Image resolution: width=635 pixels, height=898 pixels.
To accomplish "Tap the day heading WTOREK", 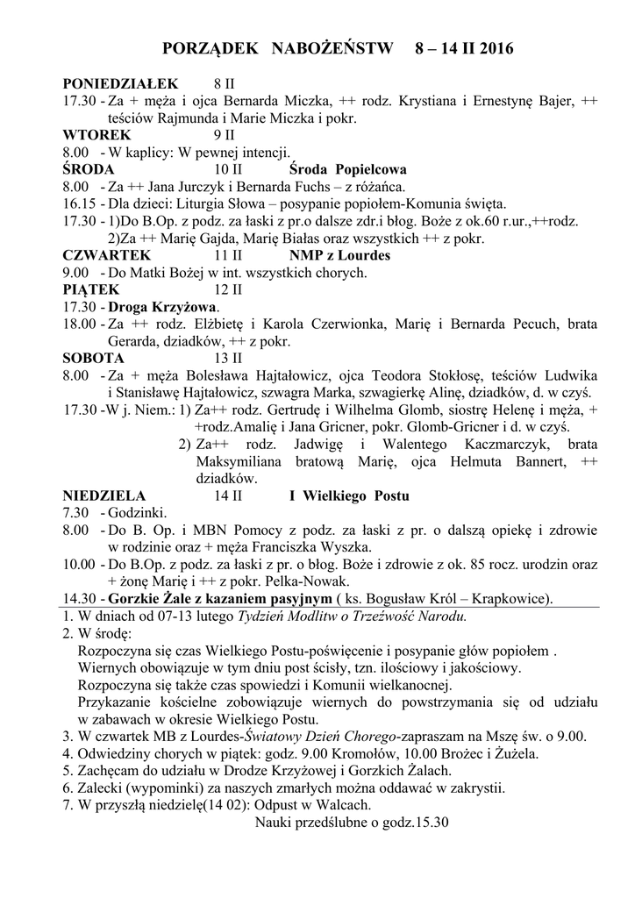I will click(96, 135).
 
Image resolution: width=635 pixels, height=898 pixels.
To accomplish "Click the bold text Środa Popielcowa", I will click(347, 169).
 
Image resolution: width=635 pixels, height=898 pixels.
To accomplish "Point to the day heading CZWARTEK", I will click(107, 255).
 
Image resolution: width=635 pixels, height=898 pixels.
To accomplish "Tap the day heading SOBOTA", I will click(93, 358).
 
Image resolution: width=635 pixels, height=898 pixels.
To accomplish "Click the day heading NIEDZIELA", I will click(104, 495).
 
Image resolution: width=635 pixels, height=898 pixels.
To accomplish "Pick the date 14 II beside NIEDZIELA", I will click(227, 495).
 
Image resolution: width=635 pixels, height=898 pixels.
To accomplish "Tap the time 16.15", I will click(78, 203).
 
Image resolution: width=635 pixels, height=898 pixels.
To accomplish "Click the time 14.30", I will click(78, 598).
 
